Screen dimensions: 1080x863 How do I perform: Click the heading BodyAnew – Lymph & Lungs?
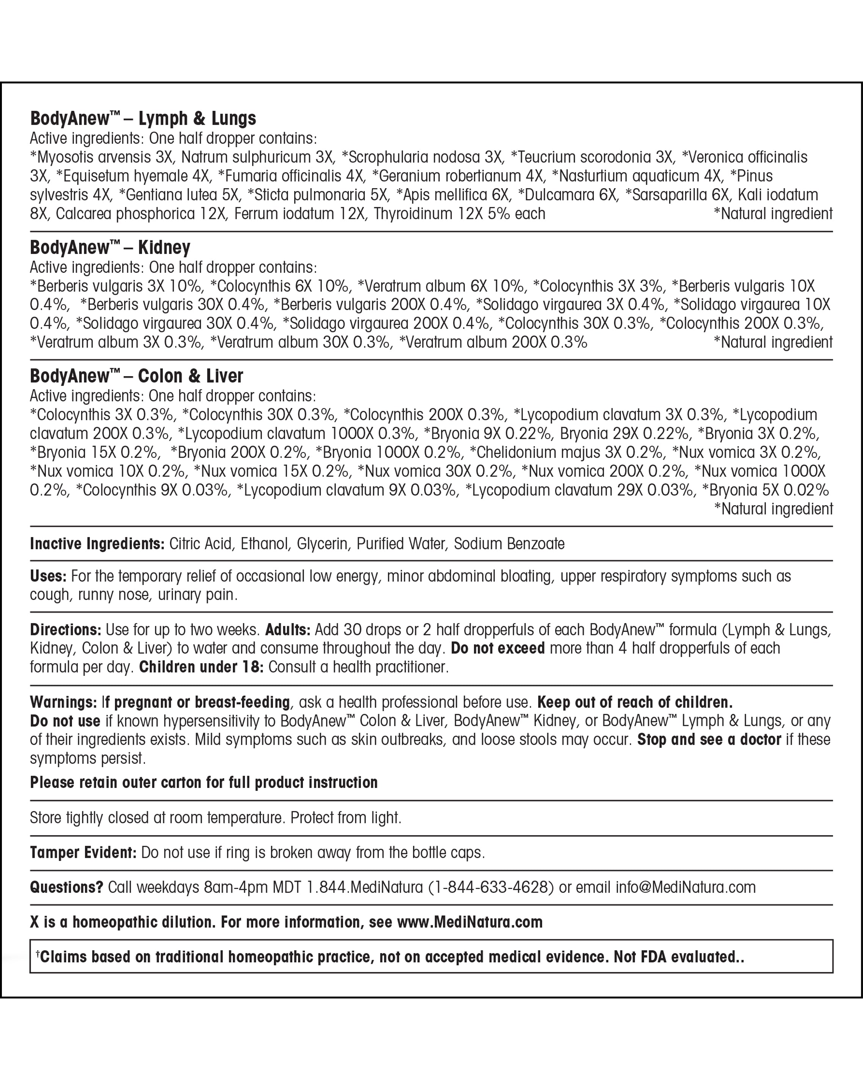(143, 119)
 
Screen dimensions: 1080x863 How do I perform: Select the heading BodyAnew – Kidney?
(110, 248)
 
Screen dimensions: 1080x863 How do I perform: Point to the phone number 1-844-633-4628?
(491, 887)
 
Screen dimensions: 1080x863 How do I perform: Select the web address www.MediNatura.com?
(469, 922)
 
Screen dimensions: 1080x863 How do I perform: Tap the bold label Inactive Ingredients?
(97, 544)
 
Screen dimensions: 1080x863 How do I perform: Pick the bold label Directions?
(66, 629)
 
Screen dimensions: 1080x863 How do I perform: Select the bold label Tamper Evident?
(83, 852)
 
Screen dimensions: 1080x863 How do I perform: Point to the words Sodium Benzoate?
(509, 544)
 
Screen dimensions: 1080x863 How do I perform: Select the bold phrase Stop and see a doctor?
(709, 739)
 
